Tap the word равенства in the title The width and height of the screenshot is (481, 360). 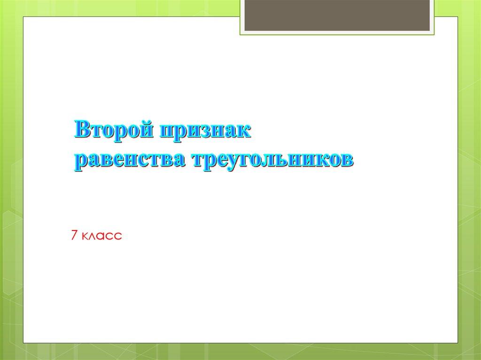pyautogui.click(x=124, y=159)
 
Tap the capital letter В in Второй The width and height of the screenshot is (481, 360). pyautogui.click(x=83, y=129)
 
